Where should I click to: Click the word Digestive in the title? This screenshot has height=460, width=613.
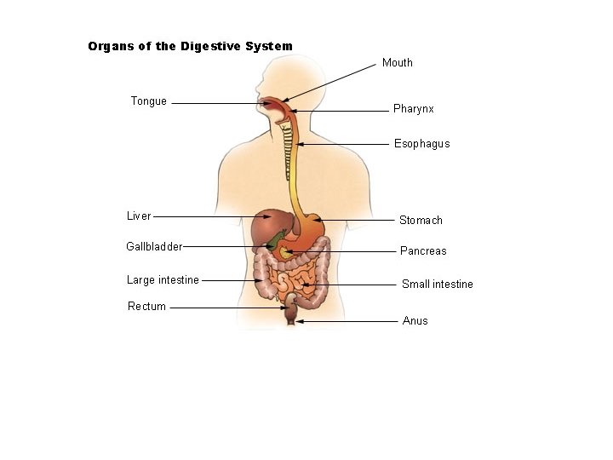210,47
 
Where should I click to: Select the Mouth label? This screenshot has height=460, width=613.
398,62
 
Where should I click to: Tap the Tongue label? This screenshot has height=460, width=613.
148,101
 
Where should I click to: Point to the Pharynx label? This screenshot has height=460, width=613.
413,109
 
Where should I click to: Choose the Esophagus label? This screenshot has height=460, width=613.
421,144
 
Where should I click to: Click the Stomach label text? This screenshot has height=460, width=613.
421,221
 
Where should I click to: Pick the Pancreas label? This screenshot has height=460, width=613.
423,250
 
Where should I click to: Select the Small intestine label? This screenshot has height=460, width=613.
437,284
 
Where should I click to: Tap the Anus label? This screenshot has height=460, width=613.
415,321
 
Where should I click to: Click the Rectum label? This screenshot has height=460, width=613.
146,307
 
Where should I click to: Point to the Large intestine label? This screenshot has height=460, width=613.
163,280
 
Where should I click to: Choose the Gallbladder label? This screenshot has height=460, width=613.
154,246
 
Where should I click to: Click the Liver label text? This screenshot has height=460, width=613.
139,216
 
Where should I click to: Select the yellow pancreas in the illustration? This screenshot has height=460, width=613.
285,253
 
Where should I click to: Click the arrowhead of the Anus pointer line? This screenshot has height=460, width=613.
300,321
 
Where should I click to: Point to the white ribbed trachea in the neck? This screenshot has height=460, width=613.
288,151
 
